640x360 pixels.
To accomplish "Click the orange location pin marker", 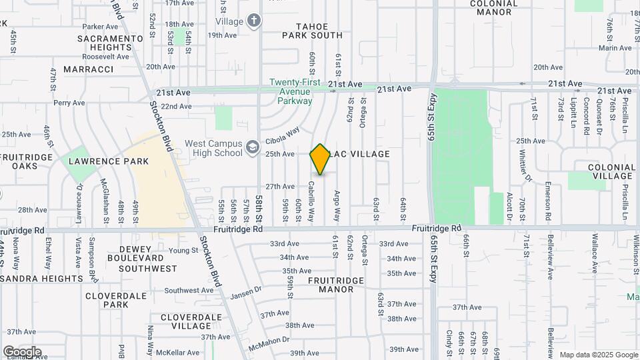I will click(x=320, y=159).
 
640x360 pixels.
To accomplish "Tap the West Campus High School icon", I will click(x=252, y=147).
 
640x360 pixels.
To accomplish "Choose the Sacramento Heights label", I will click(x=110, y=43).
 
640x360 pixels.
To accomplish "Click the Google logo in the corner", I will click(x=21, y=351).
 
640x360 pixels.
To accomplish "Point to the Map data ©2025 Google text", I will click(x=599, y=355).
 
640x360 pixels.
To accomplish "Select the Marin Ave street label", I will click(x=615, y=48).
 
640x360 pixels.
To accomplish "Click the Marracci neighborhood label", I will click(x=89, y=69).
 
